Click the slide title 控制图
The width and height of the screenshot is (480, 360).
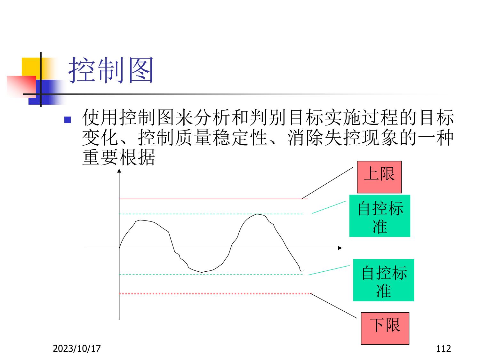111,70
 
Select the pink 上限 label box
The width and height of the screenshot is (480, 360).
379,177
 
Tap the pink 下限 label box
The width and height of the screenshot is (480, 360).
385,328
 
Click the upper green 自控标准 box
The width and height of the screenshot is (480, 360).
380,216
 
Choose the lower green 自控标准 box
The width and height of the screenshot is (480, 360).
383,280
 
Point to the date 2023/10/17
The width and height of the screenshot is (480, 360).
77,348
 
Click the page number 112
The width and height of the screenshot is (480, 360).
444,348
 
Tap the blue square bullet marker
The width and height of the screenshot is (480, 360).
68,120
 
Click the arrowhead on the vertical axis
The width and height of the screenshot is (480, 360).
119,171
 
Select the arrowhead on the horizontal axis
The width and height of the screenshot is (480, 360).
340,248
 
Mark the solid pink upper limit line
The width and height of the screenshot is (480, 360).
213,199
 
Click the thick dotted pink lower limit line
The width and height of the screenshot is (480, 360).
215,293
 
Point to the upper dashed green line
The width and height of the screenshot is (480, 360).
212,214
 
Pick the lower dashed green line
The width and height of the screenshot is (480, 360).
212,274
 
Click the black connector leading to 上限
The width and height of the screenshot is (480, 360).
327,183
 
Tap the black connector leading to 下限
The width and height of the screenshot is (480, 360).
334,306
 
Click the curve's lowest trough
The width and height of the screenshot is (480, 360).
202,272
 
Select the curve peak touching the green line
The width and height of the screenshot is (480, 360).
258,214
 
